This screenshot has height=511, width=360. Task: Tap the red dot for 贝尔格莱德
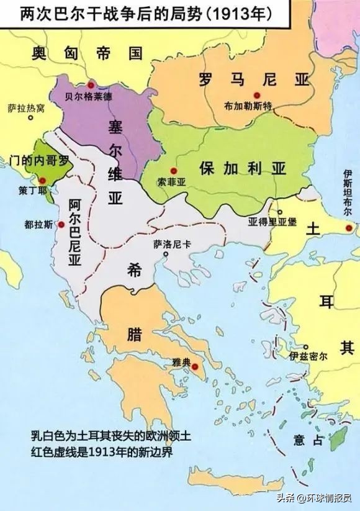91,84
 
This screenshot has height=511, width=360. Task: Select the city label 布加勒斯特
250,106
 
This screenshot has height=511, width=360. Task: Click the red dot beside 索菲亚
174,171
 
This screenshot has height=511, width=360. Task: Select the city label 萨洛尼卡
171,244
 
